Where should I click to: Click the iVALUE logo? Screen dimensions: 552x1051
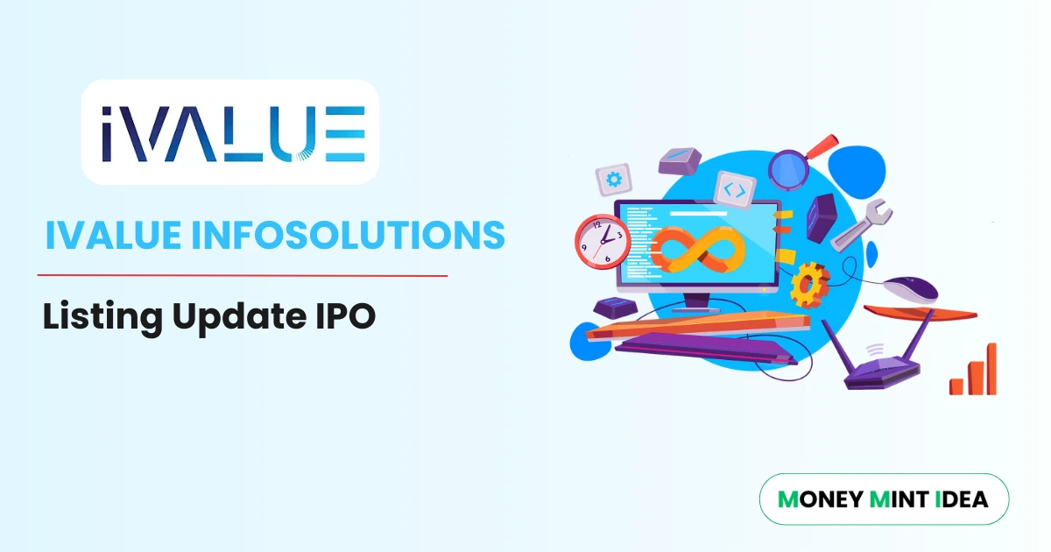(x=230, y=133)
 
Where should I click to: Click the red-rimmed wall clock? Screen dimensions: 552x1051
(x=603, y=240)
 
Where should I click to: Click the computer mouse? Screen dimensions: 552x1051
(x=910, y=287)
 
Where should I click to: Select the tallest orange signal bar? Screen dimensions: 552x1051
(x=991, y=368)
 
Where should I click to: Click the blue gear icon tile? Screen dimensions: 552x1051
(x=613, y=180)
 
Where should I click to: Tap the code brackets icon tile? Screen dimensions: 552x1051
(x=736, y=188)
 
